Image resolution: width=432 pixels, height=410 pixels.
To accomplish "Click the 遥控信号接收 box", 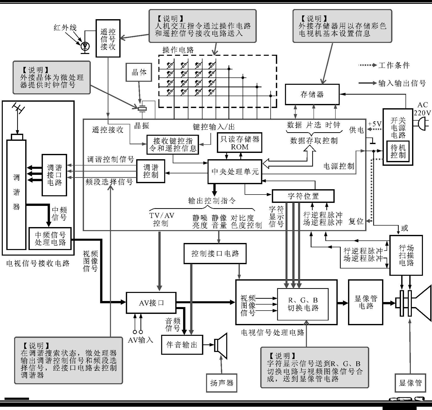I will coord(108,38).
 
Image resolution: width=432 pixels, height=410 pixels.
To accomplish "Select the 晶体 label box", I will coord(139,72).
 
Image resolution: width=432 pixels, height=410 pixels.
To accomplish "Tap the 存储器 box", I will coord(312,94).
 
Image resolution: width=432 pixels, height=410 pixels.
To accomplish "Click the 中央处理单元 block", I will coord(235,172).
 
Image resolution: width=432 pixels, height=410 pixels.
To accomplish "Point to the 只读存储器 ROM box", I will coord(239,143).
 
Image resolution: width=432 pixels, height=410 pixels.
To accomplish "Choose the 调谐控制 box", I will coord(151,171).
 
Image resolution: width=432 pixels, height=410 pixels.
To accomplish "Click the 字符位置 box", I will coord(303,196).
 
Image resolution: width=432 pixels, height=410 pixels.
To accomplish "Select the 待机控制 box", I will coord(398,151).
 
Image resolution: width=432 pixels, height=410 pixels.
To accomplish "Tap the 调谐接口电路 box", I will coord(54,175).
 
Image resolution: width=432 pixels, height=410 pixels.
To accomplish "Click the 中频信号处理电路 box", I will coord(50,238).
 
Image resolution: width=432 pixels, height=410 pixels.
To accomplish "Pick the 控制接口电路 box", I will coord(215,253).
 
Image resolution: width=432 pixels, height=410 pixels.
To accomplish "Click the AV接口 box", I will coord(151,303).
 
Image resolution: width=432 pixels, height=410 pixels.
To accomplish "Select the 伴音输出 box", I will coord(182,345).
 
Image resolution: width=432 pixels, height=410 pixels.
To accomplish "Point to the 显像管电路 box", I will coord(366,302).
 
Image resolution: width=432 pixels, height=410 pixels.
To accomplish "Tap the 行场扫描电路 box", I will coord(406,255).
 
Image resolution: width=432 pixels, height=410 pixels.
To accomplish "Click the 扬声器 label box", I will coord(222,383).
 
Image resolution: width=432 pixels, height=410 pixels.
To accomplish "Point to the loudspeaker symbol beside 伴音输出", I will coord(221,345).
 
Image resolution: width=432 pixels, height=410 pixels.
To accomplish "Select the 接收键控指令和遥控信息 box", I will coord(173,145).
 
